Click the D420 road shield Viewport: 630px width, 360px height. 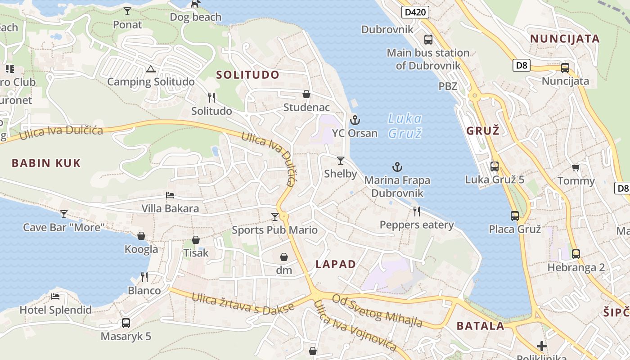coord(415,12)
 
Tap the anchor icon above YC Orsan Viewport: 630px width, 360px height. coord(355,120)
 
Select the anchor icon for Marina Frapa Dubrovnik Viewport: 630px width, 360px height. coord(397,167)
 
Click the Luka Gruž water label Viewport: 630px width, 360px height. coord(405,126)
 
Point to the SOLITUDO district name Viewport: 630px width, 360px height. coord(247,75)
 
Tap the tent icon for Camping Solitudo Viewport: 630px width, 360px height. coord(151,69)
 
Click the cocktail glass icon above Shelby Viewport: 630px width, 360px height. coord(341,161)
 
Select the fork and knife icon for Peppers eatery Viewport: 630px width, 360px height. coord(417,211)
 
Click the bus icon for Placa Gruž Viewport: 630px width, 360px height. coord(515,216)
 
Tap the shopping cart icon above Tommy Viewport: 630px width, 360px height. coord(576,168)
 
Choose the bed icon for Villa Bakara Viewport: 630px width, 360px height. coord(170,195)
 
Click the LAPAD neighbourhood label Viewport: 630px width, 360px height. coord(336,264)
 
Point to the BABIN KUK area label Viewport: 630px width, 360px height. coord(46,163)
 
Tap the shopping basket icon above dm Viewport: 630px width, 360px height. coord(284,257)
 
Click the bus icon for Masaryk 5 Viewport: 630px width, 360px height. coord(126,323)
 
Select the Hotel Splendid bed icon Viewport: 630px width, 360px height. coord(55,297)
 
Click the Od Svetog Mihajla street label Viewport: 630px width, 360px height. coord(377,310)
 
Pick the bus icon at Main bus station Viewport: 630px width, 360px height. coord(428,40)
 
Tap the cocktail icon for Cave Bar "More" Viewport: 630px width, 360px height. coord(64,214)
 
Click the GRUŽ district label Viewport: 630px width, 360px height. coord(483,131)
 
